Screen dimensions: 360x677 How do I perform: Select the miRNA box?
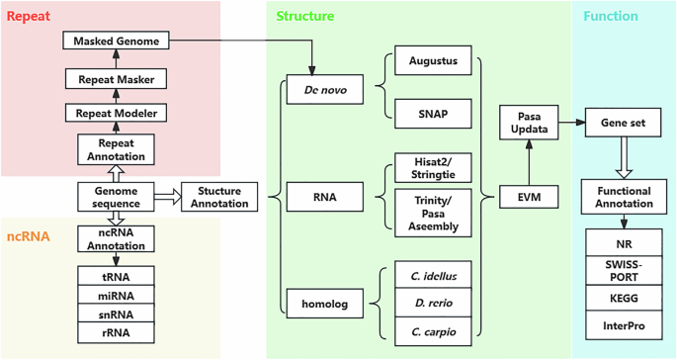117,295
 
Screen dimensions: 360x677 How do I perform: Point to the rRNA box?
117,332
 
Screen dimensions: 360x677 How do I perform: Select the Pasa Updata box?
530,122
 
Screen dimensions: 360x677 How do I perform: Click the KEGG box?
623,299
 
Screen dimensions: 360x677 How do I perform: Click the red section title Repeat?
30,17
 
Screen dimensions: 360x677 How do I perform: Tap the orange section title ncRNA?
30,236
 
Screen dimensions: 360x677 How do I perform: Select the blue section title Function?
610,17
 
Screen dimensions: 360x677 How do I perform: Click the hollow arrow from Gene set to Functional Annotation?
623,156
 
